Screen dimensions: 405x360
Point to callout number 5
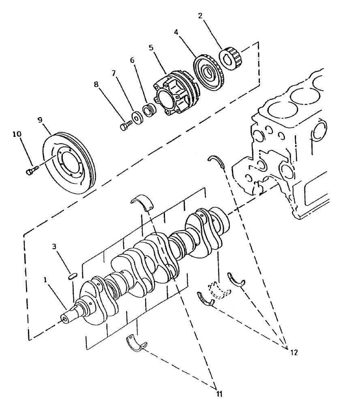pyautogui.click(x=151, y=47)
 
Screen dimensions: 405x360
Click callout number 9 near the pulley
pyautogui.click(x=40, y=120)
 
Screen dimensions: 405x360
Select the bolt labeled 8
pyautogui.click(x=125, y=125)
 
